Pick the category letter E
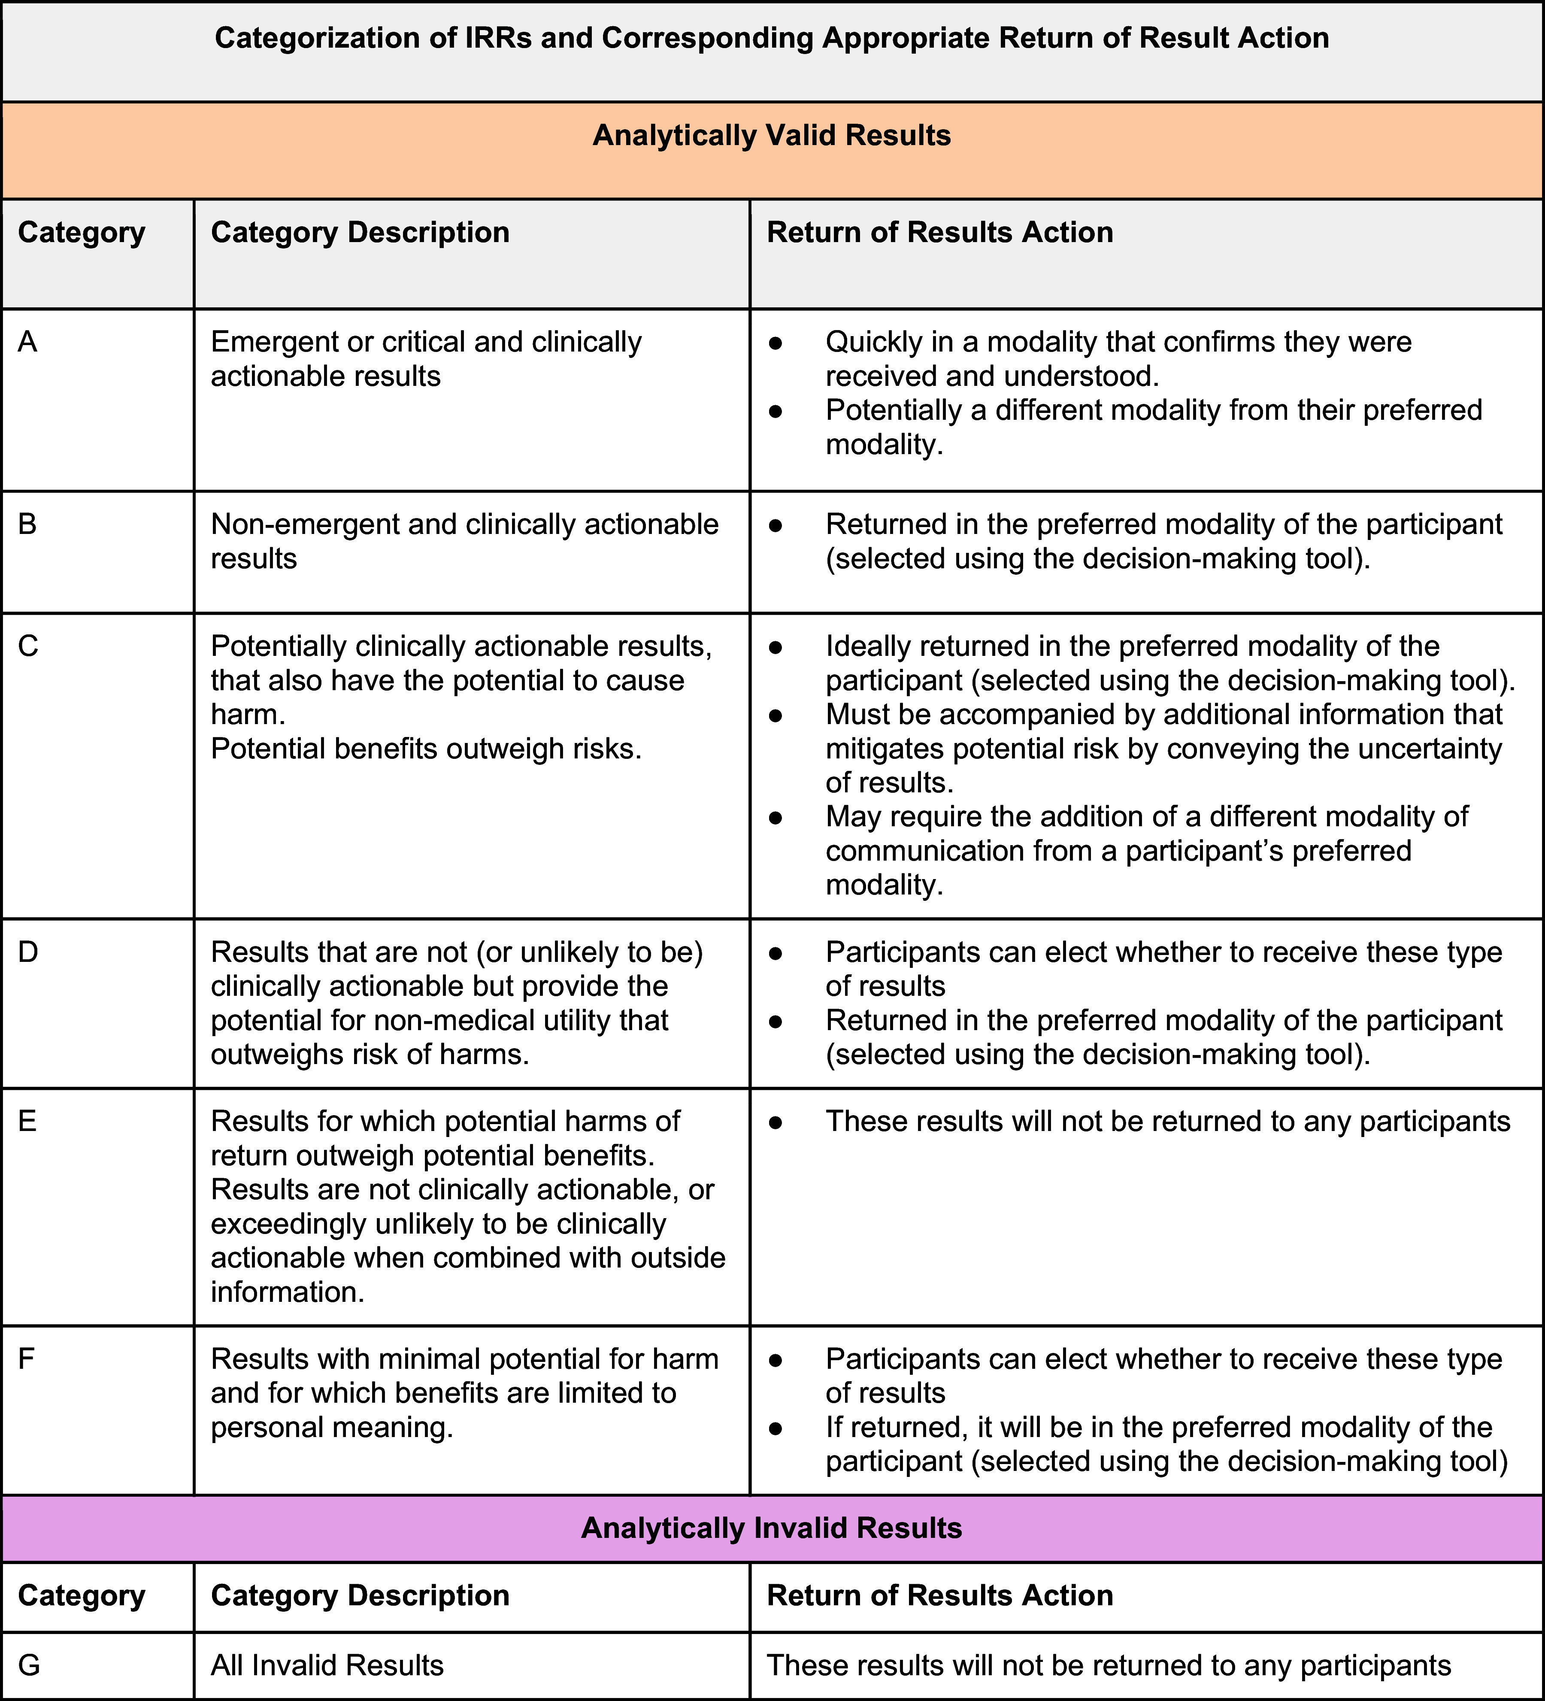(x=27, y=1122)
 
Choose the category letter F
(x=26, y=1359)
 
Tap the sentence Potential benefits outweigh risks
(x=426, y=749)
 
